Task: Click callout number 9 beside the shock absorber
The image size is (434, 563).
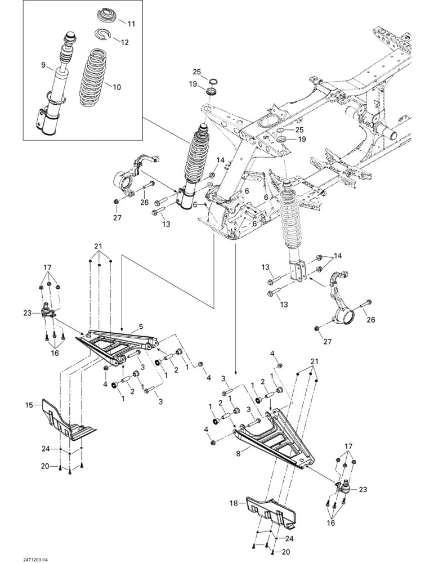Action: coord(43,65)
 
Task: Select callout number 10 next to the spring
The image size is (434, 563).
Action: coord(117,87)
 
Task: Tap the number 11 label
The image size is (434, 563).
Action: coord(131,24)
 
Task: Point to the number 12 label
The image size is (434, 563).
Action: coord(124,42)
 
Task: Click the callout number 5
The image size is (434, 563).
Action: coord(141,327)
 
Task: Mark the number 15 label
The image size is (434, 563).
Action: coord(29,405)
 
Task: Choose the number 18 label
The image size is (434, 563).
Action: coord(234,503)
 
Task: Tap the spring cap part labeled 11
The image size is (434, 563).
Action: coord(108,16)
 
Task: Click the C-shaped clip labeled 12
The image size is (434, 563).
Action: coord(104,35)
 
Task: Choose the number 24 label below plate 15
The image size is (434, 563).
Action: coord(45,449)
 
